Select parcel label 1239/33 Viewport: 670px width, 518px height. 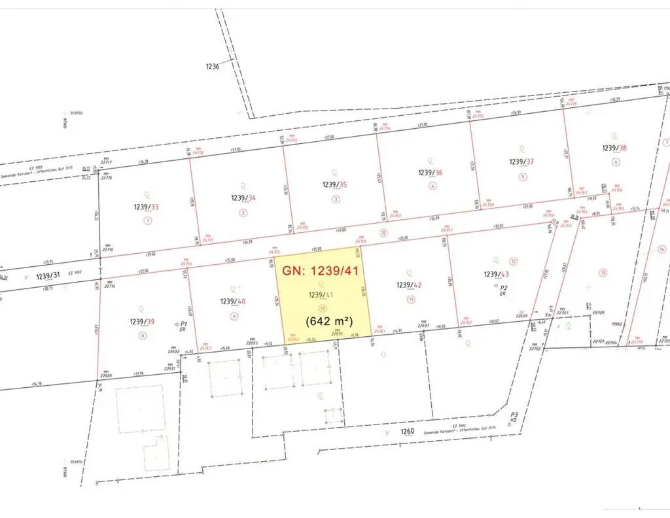click(x=146, y=207)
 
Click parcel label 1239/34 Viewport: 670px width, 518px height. click(x=243, y=198)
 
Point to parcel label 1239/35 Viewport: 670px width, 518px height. click(x=334, y=184)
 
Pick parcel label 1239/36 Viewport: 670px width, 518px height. click(x=431, y=173)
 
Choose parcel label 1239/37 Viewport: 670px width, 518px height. click(x=521, y=162)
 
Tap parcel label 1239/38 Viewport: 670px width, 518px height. click(x=614, y=148)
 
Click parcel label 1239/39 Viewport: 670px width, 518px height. click(x=143, y=322)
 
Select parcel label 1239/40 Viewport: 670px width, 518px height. click(x=233, y=302)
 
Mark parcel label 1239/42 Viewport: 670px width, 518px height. click(x=410, y=285)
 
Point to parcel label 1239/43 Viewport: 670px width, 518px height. click(x=496, y=274)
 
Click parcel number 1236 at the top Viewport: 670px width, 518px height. click(x=211, y=66)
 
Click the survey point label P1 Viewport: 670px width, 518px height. click(x=184, y=323)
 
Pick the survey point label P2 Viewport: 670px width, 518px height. click(x=504, y=287)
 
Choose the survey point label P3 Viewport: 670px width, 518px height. click(x=515, y=415)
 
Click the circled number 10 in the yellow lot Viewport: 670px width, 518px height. click(x=321, y=307)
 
